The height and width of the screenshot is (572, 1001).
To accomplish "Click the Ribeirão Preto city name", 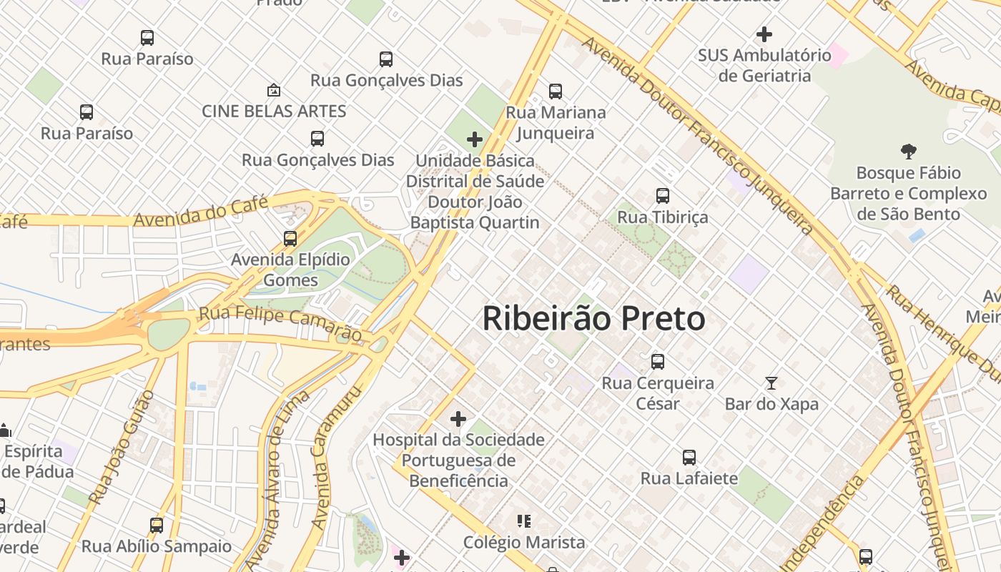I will click(x=593, y=319).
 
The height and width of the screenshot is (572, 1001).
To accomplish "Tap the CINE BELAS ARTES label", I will click(x=274, y=112).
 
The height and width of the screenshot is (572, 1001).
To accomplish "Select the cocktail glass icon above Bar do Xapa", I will click(x=771, y=383).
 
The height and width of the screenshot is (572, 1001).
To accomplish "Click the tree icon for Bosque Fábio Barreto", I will click(x=908, y=152).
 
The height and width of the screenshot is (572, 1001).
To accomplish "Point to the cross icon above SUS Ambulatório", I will click(x=764, y=34).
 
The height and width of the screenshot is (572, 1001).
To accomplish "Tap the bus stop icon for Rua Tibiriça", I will click(x=663, y=196).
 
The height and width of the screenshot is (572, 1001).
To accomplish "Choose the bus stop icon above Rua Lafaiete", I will click(x=689, y=458).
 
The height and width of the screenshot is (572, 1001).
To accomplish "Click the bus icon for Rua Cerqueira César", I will click(x=658, y=362).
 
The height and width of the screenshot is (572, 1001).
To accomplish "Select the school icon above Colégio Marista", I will click(x=524, y=521).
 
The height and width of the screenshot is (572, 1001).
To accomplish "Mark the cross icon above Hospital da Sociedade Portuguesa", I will click(x=458, y=418).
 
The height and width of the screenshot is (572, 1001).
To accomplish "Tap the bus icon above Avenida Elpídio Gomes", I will click(x=290, y=239).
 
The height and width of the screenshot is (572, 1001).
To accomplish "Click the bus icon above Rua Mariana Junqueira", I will click(x=556, y=92).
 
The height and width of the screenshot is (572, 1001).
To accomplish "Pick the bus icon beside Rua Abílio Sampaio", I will click(x=157, y=526).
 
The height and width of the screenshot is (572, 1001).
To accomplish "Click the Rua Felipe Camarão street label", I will click(x=280, y=323).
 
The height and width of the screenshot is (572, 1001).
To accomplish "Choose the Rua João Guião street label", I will click(x=120, y=448).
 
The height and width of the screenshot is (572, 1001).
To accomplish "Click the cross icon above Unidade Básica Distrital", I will click(x=475, y=139).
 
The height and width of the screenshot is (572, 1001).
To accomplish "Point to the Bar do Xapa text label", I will click(x=771, y=404).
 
